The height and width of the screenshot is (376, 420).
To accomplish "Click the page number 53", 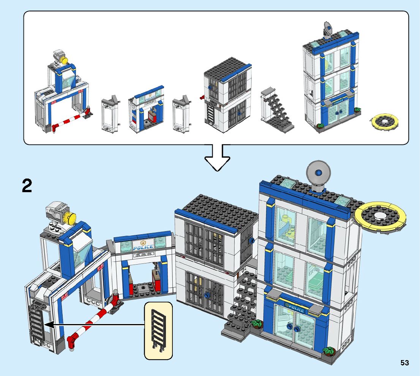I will click(404, 363).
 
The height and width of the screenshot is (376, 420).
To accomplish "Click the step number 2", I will click(27, 186).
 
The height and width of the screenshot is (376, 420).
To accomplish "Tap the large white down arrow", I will click(217, 157).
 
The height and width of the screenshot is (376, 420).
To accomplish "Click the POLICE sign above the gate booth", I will click(143, 247).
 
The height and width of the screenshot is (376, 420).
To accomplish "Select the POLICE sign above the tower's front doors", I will click(294, 307).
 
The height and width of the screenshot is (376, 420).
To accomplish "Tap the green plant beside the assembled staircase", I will click(257, 324).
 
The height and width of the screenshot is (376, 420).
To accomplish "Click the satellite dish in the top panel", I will click(327, 29).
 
